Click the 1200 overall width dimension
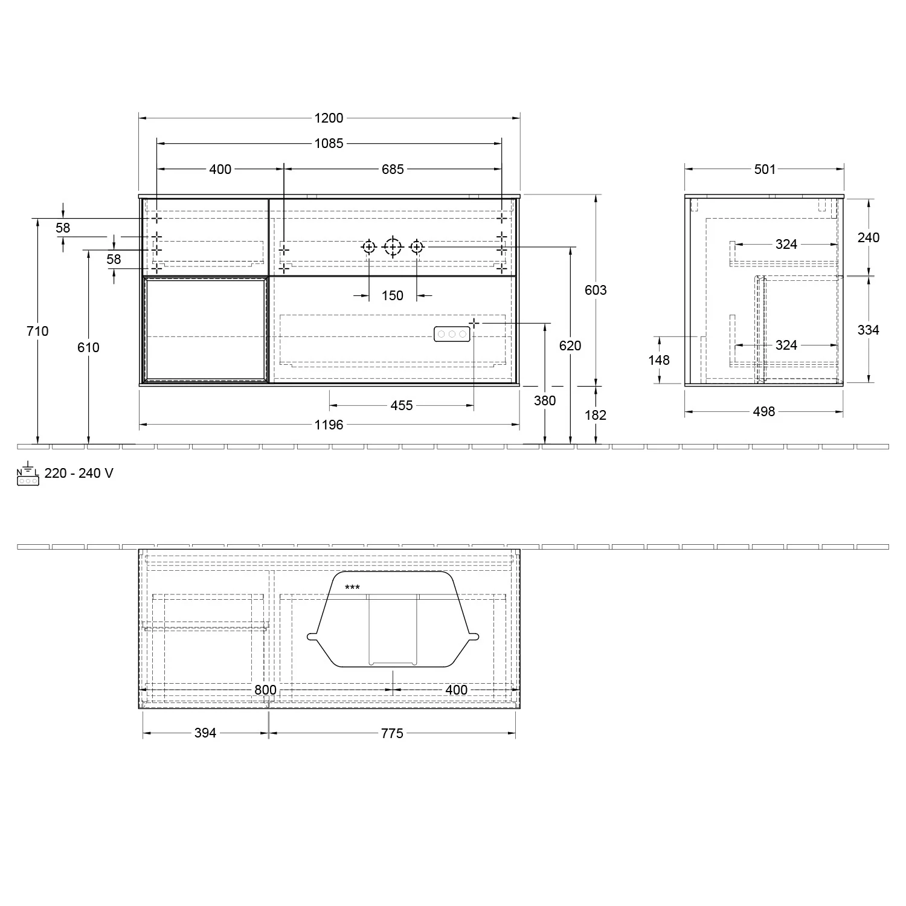point(329,118)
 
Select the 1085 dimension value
point(329,144)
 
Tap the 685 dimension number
point(393,169)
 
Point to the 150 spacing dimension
point(393,295)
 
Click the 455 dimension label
point(402,406)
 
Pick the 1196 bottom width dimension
point(329,425)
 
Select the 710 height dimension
point(37,331)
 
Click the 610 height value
point(88,347)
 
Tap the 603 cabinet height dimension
point(596,290)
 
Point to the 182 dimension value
point(596,415)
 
